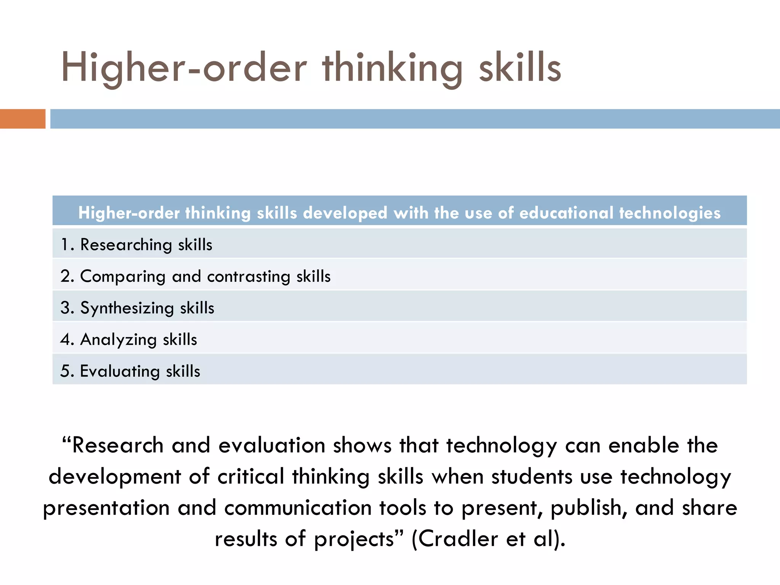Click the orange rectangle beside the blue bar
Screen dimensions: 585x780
(22, 118)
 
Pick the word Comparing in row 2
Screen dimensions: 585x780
(123, 277)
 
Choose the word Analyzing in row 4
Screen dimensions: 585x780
(118, 340)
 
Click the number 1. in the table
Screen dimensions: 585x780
(67, 245)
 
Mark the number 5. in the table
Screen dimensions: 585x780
(67, 371)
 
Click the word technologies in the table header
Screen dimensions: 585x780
(670, 213)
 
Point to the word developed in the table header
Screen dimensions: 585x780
(345, 213)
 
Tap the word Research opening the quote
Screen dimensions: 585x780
(118, 445)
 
